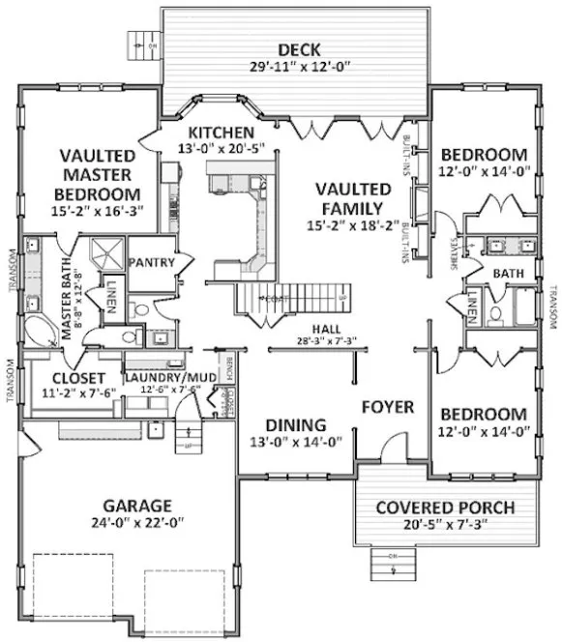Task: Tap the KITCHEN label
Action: coord(221,131)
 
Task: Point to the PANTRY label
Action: coord(151,262)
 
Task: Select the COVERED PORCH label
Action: coord(444,508)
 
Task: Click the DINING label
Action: coord(295,424)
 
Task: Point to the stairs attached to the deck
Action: coord(144,43)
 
